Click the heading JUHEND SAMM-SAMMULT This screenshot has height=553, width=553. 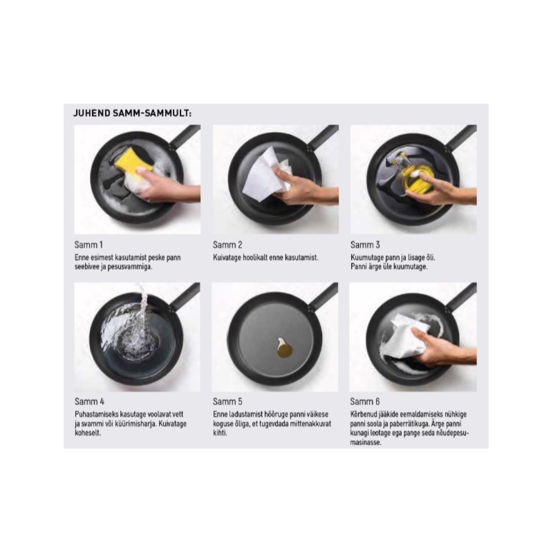point(132,113)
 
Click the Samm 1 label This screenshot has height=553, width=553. point(88,245)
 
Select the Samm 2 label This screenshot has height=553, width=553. point(227,245)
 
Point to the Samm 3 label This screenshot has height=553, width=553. point(365,245)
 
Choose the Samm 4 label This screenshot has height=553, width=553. point(89,402)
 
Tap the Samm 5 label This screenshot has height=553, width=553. point(227,402)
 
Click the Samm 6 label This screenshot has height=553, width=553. point(365,402)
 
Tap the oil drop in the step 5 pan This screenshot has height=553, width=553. point(284,348)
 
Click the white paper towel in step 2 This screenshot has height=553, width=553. point(266,175)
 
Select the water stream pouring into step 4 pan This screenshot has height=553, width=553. point(143,300)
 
